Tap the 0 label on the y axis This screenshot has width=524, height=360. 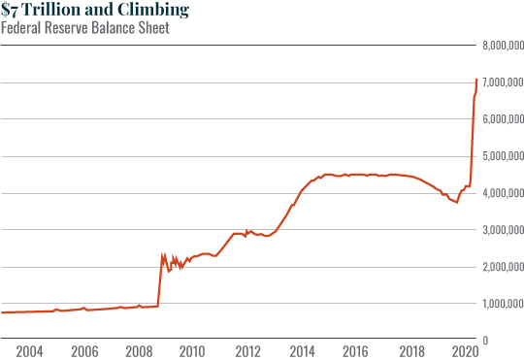coord(484,341)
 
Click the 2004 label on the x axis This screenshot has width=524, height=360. coord(29,349)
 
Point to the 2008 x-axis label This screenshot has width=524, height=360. coord(138,349)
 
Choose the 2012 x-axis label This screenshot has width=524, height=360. coord(246,349)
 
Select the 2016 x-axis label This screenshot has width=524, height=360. coord(355,349)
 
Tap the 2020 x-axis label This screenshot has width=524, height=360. coord(464,349)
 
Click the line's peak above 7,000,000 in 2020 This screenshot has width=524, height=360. coord(475,80)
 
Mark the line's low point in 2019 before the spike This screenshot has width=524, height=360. coord(456,202)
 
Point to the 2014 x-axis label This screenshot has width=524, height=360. coord(301,349)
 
